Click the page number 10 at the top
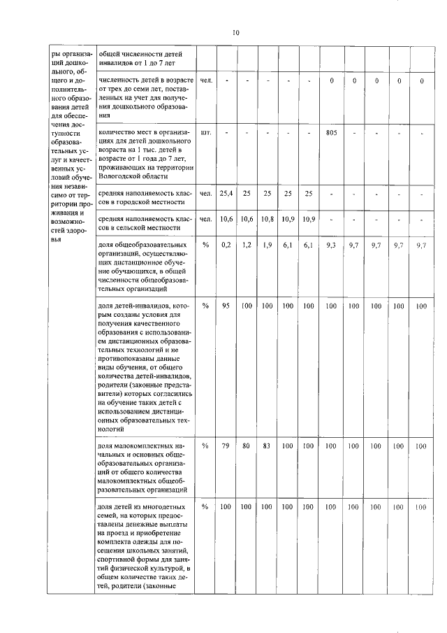(x=235, y=32)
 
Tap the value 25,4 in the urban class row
(x=226, y=193)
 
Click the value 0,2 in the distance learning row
(x=226, y=246)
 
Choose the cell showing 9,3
(x=331, y=246)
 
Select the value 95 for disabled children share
(x=226, y=306)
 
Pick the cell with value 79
(x=226, y=446)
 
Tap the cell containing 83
(x=267, y=446)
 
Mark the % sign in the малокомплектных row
(x=205, y=446)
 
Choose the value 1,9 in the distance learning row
(x=267, y=246)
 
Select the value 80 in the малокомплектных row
(x=246, y=446)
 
